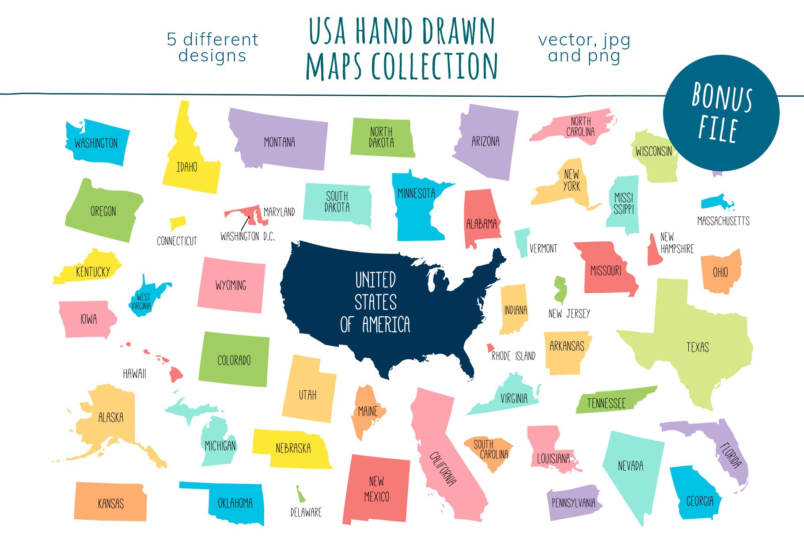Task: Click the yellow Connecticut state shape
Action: coord(178,223)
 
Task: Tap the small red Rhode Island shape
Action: coord(490,347)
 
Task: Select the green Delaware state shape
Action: coord(300,494)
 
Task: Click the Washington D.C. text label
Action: coord(247,237)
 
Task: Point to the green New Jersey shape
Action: coord(560,289)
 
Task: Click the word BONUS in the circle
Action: coord(721,96)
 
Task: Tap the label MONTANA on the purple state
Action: coord(279,142)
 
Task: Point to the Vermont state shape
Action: coord(522,241)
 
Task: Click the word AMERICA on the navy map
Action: coord(386,325)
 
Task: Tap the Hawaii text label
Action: coord(134,374)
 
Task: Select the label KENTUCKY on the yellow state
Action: coord(93,272)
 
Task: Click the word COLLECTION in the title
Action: coord(435,66)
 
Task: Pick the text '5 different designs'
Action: coord(212,48)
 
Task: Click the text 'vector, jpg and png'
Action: coord(584,48)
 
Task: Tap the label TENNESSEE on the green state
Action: coord(606,403)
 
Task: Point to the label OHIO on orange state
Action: coord(720,272)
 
